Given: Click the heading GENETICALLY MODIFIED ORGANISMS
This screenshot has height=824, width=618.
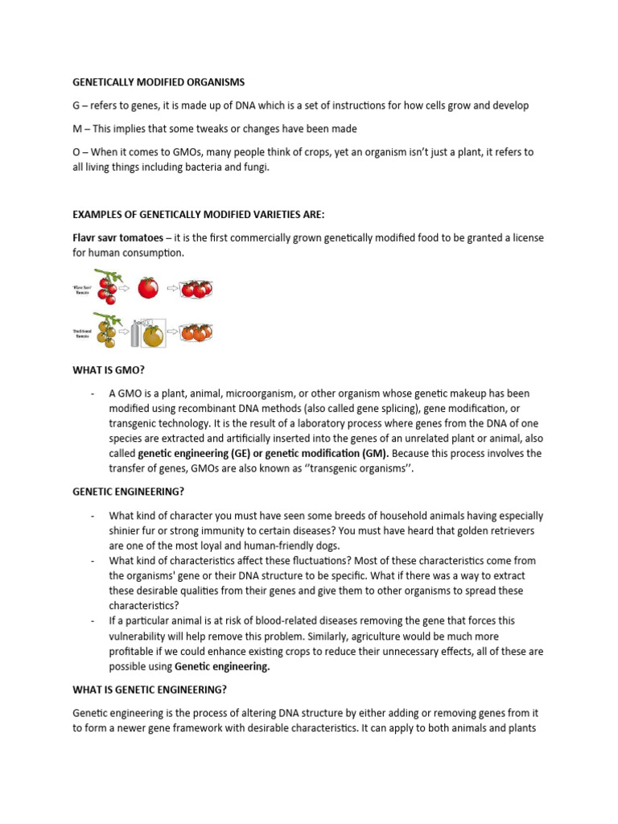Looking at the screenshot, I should tap(159, 82).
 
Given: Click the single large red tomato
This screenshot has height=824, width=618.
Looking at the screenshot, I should tap(147, 288).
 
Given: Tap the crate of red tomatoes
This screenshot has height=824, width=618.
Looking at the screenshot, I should tap(196, 288).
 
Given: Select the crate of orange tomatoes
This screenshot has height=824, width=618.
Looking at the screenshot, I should tap(196, 331).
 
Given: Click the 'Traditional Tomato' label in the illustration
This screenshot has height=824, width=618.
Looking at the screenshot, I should tap(81, 331).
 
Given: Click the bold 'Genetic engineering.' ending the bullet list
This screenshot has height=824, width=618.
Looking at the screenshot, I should tap(222, 666).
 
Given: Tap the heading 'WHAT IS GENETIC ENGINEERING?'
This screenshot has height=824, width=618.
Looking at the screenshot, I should tap(150, 689).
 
